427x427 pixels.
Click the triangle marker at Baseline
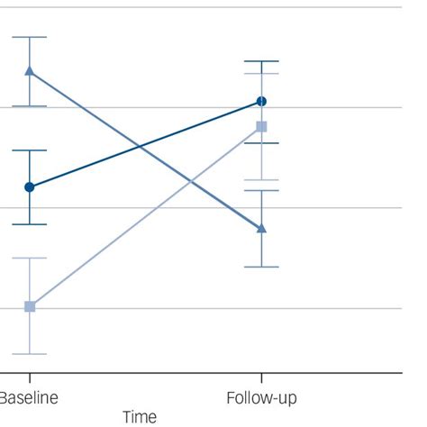(x=30, y=71)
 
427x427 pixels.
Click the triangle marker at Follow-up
(x=261, y=228)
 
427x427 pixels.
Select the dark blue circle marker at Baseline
(x=30, y=187)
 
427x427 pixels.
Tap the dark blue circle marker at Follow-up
(x=261, y=102)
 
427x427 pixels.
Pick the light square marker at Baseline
(x=30, y=306)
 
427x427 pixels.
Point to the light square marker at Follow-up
(x=261, y=126)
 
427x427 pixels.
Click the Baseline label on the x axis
(x=28, y=397)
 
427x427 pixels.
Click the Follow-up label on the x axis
(x=261, y=397)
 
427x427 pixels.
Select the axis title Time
(x=140, y=417)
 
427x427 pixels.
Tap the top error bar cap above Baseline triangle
(x=30, y=38)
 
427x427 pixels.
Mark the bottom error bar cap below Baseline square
(x=30, y=353)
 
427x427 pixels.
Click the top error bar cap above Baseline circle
(x=30, y=150)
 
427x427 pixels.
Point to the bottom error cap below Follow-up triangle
(x=261, y=267)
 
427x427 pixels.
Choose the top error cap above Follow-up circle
(x=261, y=61)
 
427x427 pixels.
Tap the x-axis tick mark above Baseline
(x=30, y=376)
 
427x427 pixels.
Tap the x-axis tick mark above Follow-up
(x=261, y=376)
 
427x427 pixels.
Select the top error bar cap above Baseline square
(x=30, y=259)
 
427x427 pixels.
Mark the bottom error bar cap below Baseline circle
(x=30, y=224)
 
